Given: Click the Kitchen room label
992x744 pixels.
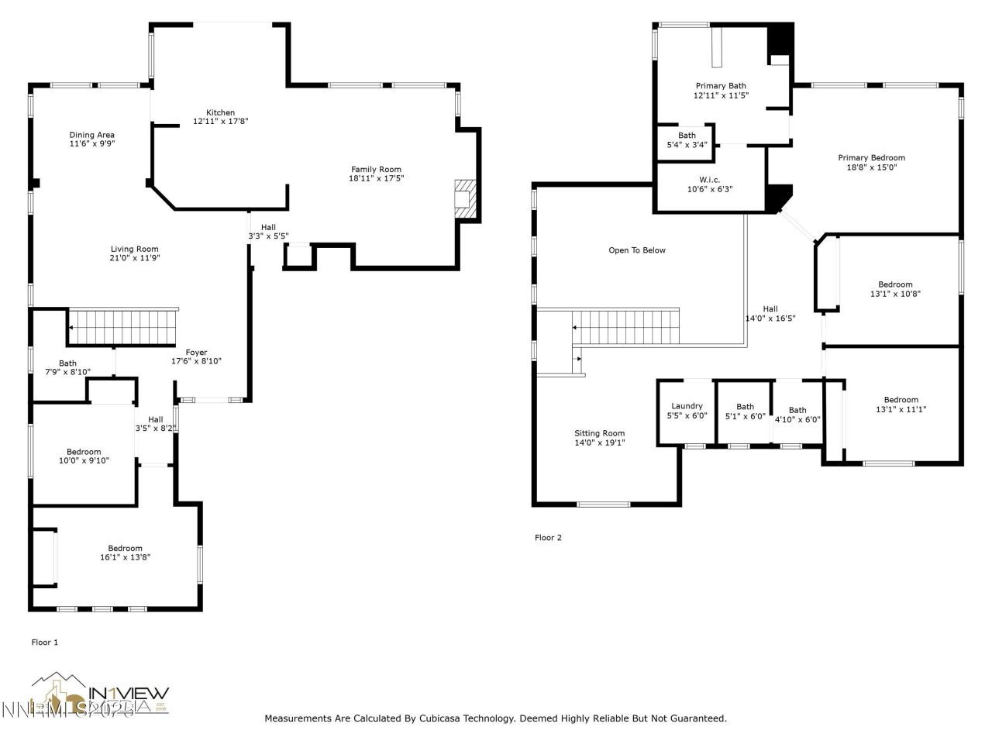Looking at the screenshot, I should [x=220, y=112].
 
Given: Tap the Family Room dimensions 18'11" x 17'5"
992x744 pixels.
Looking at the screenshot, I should [x=376, y=178].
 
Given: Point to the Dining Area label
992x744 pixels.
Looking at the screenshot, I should [x=92, y=135].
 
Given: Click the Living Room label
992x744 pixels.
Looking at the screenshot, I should [x=135, y=249].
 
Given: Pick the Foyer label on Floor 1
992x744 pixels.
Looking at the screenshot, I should [x=196, y=352].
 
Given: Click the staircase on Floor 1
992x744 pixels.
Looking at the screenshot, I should [x=124, y=327].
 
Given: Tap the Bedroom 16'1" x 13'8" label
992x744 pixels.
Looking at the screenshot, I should [x=125, y=549].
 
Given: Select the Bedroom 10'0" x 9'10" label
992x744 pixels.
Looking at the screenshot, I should [x=84, y=452].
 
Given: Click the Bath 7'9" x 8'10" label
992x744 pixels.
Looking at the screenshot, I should [x=68, y=363].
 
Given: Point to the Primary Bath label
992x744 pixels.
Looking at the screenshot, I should [x=721, y=86].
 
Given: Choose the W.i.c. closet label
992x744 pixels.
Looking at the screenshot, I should [x=709, y=180].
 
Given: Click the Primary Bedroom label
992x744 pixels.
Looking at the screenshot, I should [x=871, y=158].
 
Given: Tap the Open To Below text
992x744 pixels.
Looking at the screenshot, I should [x=637, y=250].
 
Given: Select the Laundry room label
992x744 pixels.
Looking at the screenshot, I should [x=687, y=406].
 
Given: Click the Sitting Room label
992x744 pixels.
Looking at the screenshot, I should [x=599, y=433].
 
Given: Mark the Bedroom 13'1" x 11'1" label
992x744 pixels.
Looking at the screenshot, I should [x=901, y=400].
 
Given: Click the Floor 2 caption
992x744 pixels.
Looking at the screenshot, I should [x=548, y=538].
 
